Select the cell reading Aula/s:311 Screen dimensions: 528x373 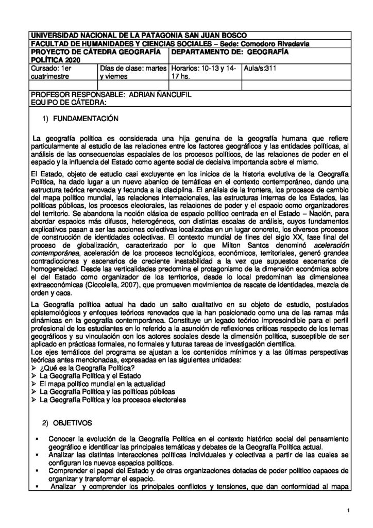[x=260, y=68]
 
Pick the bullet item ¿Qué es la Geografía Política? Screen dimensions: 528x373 [x=87, y=367]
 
